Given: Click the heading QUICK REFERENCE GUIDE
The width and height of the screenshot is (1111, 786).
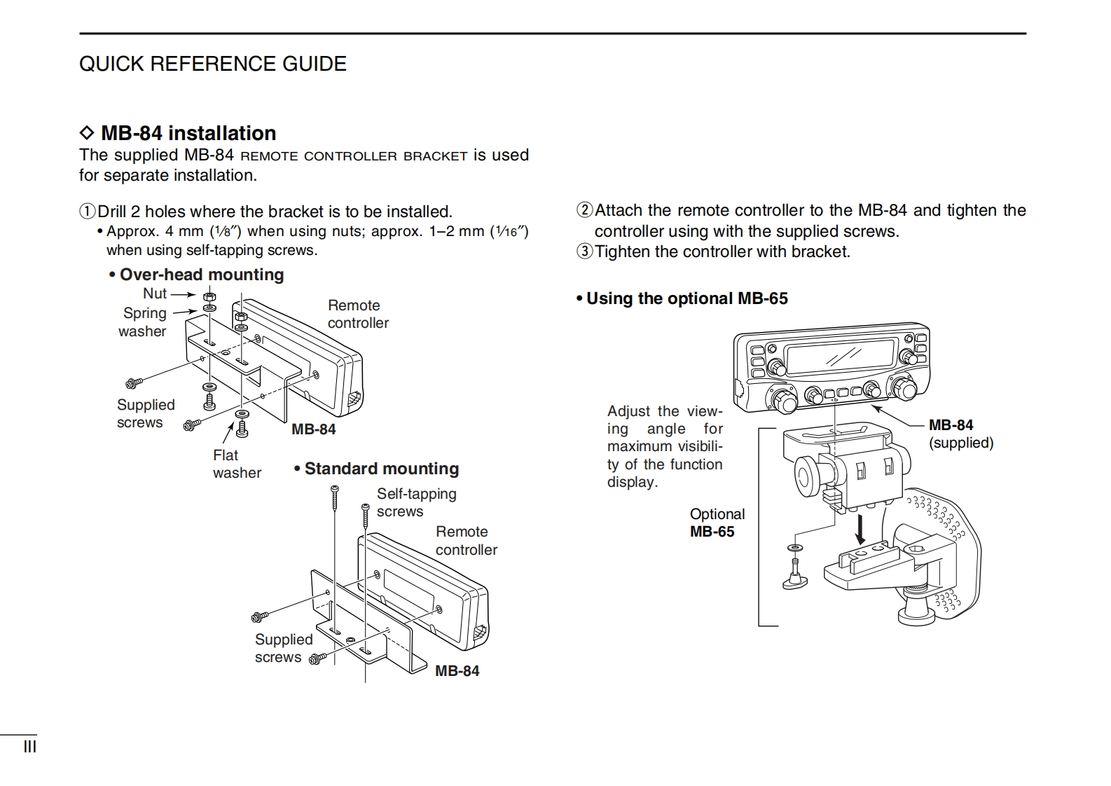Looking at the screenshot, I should coord(212,64).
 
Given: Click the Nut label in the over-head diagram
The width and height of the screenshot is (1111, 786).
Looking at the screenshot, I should coord(155,294).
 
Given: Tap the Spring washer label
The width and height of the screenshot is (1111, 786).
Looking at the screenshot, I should coord(144,322).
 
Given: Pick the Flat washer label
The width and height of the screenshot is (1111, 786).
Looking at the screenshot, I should coord(236,464).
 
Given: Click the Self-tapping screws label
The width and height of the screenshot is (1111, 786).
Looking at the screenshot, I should coord(416,502).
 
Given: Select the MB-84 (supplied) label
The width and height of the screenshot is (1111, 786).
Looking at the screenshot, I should coord(960,434).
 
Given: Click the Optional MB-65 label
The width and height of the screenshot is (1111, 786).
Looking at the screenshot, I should coord(716,523).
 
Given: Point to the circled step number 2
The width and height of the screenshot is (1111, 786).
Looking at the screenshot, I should coord(584,210).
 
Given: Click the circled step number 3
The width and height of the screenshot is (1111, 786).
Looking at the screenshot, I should coord(584,251).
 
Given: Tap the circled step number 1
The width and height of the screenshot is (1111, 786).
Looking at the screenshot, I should coord(87,212).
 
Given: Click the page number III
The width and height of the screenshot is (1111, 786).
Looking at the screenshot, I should coord(29,747).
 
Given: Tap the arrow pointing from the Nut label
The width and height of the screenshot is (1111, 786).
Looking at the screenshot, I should coord(184,295).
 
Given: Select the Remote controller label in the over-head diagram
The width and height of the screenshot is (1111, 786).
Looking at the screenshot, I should coord(357,314).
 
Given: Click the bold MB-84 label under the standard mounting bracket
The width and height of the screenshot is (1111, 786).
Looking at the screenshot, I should coord(457,671).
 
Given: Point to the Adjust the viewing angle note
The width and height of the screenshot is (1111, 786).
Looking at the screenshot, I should coord(664,446).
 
